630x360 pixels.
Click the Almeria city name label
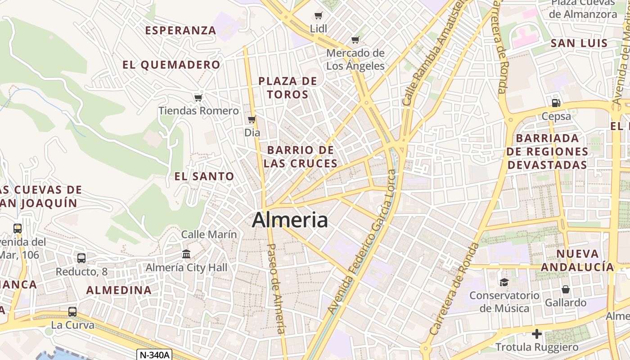click(x=290, y=220)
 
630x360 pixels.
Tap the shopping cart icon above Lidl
click(x=319, y=16)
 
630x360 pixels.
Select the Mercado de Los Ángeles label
click(x=355, y=59)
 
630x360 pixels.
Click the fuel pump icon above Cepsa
click(x=556, y=103)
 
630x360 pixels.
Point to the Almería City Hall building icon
click(x=186, y=254)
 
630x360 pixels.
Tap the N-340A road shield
click(x=155, y=355)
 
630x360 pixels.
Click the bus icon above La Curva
click(x=72, y=311)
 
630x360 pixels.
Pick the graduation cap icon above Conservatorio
click(x=504, y=282)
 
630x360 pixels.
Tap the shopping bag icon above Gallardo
click(x=566, y=289)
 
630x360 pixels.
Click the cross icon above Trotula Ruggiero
click(x=536, y=334)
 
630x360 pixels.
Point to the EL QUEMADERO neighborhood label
click(x=171, y=65)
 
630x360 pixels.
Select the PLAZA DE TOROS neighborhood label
click(x=288, y=88)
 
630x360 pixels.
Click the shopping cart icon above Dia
click(x=252, y=120)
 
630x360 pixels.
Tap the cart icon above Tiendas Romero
click(x=198, y=98)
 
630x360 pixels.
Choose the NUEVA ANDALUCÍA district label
click(x=577, y=260)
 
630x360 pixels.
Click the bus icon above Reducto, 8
click(x=81, y=258)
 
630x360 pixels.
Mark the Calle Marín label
click(x=209, y=234)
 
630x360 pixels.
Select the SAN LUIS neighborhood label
click(x=579, y=44)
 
